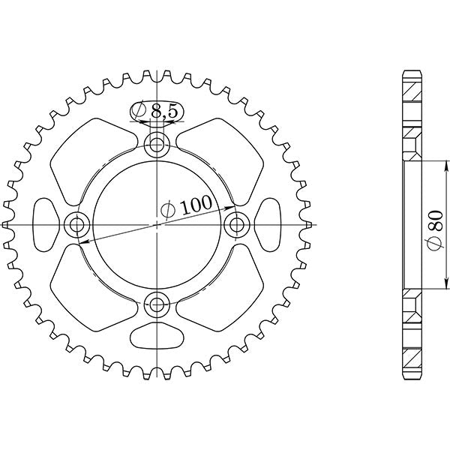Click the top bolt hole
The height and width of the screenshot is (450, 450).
click(x=157, y=144)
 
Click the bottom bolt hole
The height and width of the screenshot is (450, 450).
click(x=157, y=304)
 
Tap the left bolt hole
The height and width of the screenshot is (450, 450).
click(x=76, y=223)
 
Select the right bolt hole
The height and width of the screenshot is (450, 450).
click(x=237, y=223)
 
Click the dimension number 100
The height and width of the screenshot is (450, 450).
click(x=196, y=205)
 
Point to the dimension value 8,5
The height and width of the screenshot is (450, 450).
click(x=164, y=112)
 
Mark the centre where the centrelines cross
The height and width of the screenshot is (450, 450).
click(x=157, y=223)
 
